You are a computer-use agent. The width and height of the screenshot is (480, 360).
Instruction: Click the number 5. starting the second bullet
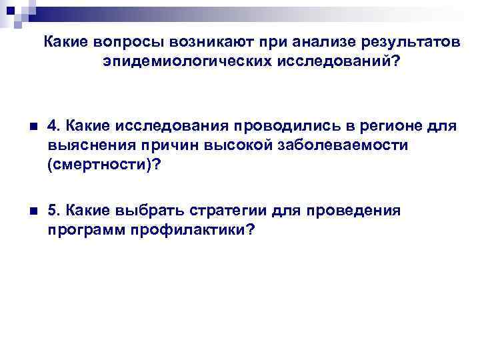54,212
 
